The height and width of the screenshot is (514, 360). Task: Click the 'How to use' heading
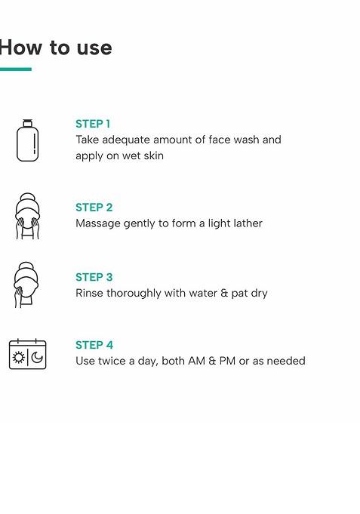tap(55, 48)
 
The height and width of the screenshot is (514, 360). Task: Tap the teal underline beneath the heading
tap(15, 69)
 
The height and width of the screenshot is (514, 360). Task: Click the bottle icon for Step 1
tap(27, 141)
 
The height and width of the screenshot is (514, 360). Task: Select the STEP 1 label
tap(93, 124)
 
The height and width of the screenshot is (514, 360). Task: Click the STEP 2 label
tap(94, 208)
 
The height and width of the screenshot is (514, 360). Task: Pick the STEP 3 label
tap(94, 277)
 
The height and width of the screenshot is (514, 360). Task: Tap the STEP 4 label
tap(94, 345)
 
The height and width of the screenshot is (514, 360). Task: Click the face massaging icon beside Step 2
tap(26, 216)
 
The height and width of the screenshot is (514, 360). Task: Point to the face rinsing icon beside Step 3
tap(26, 285)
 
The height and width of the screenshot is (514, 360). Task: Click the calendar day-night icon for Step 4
tap(27, 354)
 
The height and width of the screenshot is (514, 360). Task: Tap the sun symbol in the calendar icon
tap(19, 357)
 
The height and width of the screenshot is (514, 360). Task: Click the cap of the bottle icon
tap(27, 122)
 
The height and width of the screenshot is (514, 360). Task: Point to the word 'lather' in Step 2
tap(246, 223)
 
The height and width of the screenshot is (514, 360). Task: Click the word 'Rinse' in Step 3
tap(89, 293)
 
